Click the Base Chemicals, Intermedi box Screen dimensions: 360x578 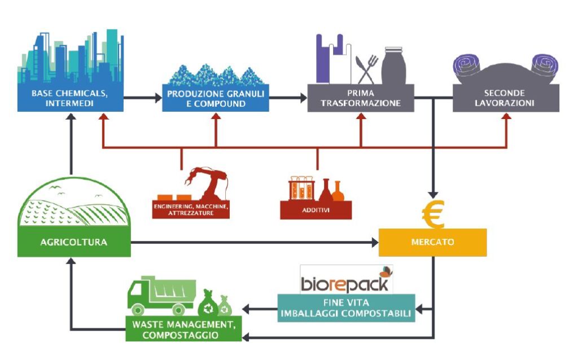coord(70,98)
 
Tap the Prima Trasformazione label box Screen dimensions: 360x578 coord(360,98)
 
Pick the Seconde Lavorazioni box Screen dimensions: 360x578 coord(505,98)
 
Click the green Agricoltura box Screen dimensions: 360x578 coord(73,243)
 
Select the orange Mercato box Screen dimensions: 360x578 coord(432,243)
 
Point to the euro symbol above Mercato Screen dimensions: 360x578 coord(433,214)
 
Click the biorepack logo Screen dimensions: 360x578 coord(346,280)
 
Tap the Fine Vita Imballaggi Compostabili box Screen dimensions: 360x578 coord(346,308)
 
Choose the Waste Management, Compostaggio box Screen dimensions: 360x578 coord(184,330)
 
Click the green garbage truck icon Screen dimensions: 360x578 coord(161,296)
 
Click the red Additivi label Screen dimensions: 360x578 coord(316,210)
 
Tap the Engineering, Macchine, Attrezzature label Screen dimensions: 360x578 coord(191,210)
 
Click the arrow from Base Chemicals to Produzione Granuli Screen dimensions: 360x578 coord(142,98)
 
